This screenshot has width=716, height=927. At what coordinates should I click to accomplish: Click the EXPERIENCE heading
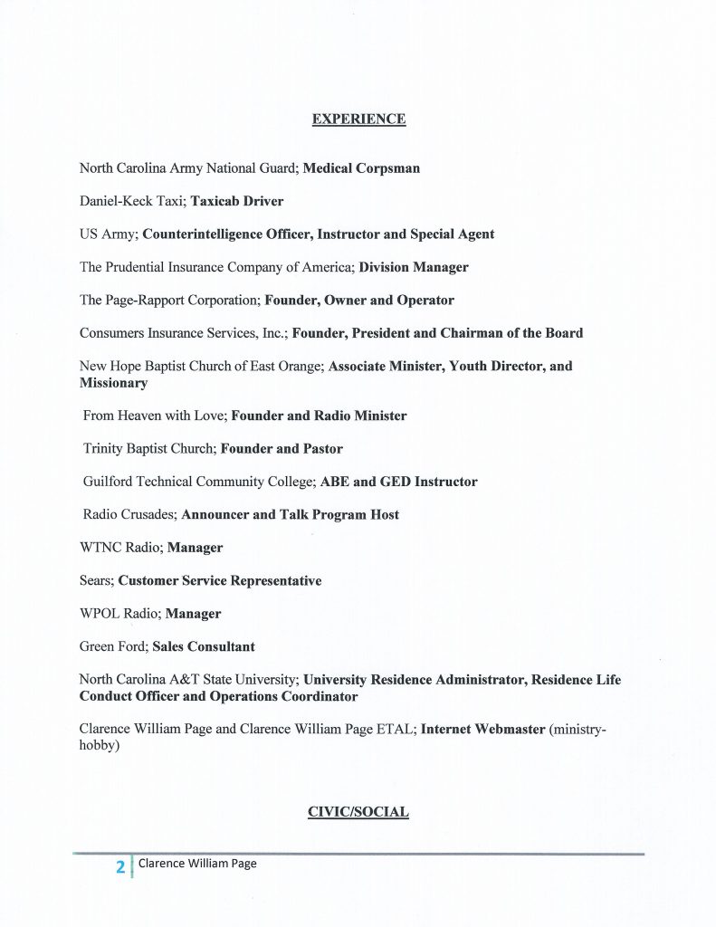[358, 119]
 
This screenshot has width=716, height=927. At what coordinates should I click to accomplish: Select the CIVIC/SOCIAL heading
[358, 812]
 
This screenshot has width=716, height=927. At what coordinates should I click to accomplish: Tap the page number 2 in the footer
[119, 866]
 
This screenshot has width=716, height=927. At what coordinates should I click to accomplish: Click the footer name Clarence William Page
[197, 864]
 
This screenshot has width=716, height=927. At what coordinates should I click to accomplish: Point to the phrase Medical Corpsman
[361, 168]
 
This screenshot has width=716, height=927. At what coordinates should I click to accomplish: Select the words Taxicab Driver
[237, 201]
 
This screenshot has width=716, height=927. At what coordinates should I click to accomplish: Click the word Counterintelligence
[197, 234]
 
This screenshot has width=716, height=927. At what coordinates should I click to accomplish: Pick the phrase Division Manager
[414, 267]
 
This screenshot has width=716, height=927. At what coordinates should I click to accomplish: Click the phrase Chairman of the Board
[512, 333]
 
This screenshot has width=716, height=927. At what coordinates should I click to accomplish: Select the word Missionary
[113, 383]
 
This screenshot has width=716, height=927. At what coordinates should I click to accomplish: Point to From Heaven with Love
[155, 416]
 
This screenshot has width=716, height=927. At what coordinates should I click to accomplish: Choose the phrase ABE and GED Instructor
[398, 482]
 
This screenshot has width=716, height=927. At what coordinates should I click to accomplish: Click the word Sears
[95, 580]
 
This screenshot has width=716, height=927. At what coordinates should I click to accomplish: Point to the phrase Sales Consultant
[204, 646]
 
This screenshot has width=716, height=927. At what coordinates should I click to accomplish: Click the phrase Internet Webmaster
[482, 729]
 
